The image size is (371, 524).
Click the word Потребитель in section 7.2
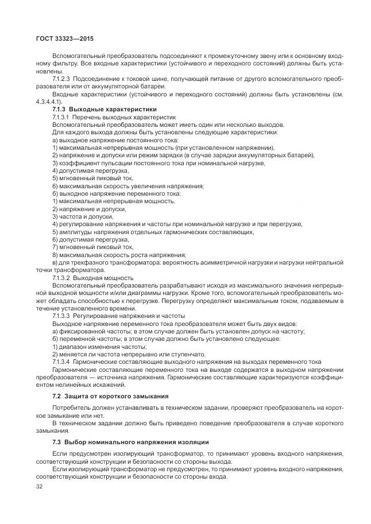click(72, 408)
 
